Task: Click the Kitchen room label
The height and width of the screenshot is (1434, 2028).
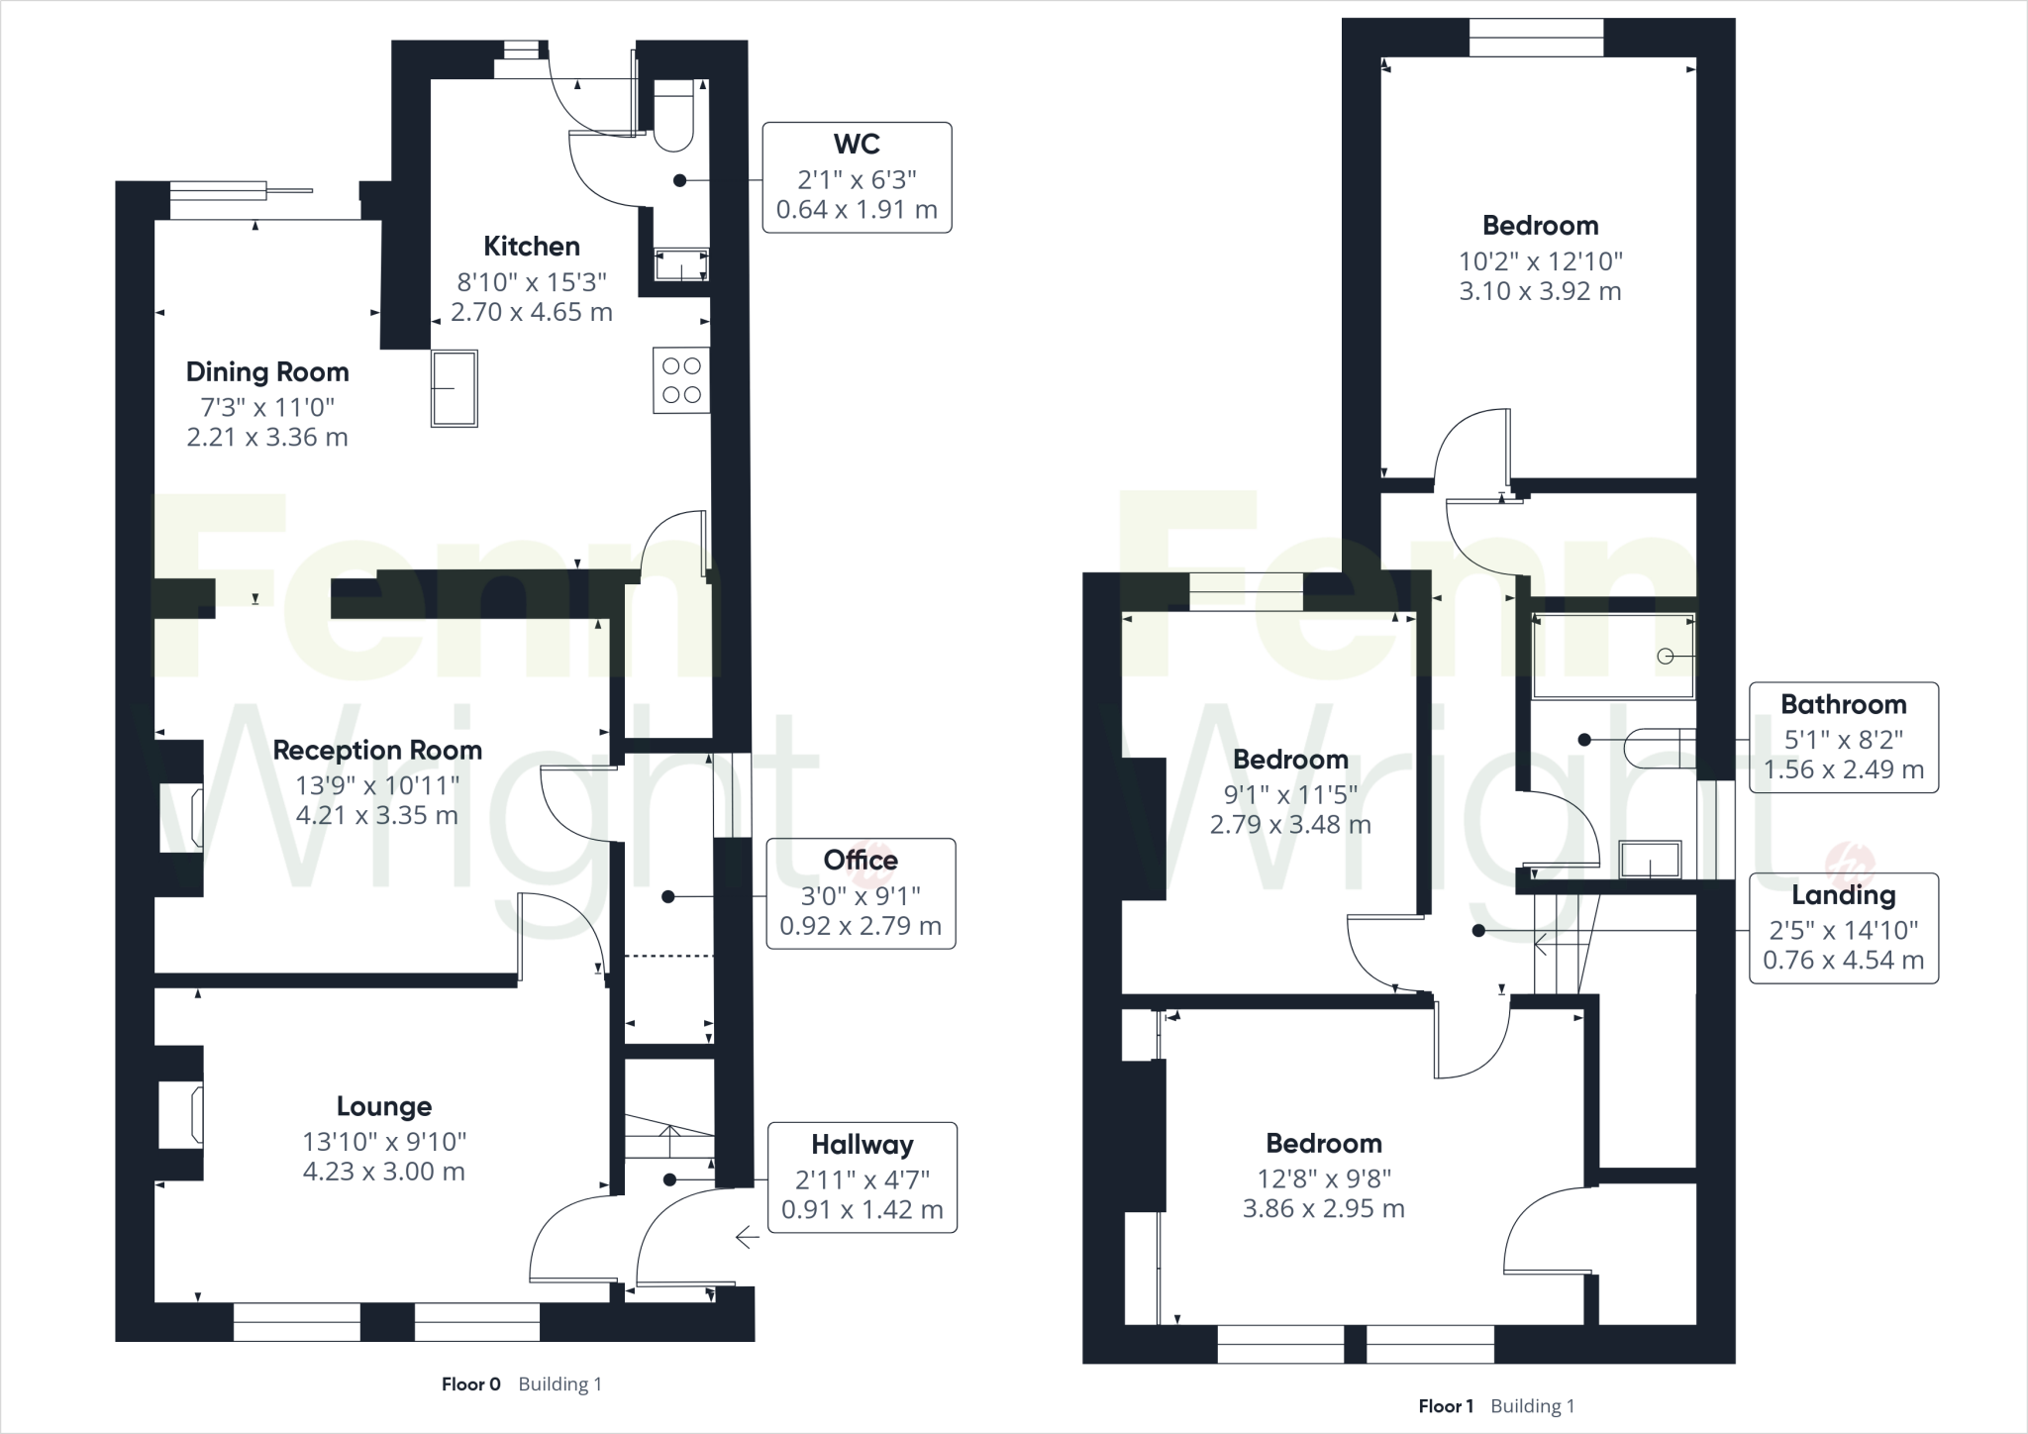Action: coord(532,246)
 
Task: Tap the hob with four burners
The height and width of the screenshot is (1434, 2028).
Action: coord(681,379)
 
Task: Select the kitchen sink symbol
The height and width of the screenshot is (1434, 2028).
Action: coord(454,388)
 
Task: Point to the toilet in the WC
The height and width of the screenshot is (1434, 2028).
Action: coord(675,114)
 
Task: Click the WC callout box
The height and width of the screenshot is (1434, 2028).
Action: coord(857,177)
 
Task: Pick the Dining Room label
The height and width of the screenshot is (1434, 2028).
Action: coord(267,372)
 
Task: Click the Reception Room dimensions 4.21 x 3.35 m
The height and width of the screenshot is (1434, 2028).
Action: coord(377,815)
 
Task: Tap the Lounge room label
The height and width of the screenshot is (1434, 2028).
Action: coord(384,1106)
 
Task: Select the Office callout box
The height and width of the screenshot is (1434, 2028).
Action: coord(861,893)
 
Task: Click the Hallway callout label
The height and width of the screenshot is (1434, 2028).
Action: coord(862,1145)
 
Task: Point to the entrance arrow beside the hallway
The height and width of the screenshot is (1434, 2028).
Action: coord(748,1237)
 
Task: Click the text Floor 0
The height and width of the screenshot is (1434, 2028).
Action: coord(471,1384)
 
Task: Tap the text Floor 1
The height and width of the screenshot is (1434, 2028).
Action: coord(1446,1406)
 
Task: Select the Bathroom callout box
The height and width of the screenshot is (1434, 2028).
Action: coord(1843,737)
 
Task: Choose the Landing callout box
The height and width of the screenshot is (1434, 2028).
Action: coord(1843,928)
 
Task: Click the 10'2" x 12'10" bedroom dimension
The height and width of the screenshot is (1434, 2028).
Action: coord(1540,261)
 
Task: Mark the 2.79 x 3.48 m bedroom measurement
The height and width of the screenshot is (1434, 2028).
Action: coord(1290,824)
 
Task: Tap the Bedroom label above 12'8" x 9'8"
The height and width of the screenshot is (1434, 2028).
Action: coord(1324,1144)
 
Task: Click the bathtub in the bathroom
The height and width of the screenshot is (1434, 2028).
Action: coord(1612,656)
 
